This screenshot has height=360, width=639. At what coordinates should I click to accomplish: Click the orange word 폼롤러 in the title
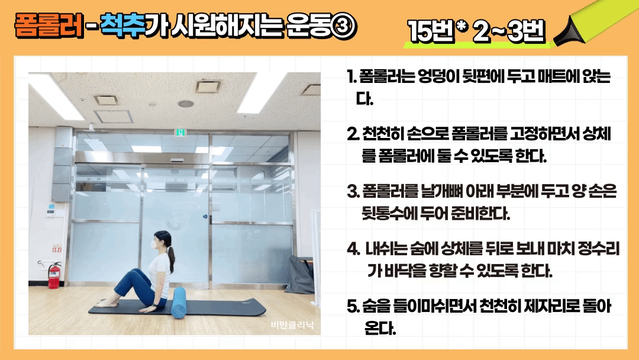[x=49, y=25]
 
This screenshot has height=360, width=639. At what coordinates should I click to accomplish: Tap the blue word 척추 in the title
[x=122, y=25]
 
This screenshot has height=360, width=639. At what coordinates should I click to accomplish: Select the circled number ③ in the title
[x=344, y=27]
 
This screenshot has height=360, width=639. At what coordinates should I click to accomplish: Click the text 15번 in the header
[x=431, y=31]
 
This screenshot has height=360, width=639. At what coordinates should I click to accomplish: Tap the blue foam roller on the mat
[x=178, y=302]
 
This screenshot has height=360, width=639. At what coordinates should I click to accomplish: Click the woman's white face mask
[x=154, y=245]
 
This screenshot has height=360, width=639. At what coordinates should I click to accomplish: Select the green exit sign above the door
[x=180, y=132]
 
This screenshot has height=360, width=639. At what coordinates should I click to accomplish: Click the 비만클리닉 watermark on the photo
[x=292, y=325]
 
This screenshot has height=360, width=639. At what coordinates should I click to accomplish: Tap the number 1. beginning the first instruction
[x=351, y=76]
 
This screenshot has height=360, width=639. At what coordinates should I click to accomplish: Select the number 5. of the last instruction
[x=352, y=306]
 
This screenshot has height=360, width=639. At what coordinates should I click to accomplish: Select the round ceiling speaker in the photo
[x=185, y=104]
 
